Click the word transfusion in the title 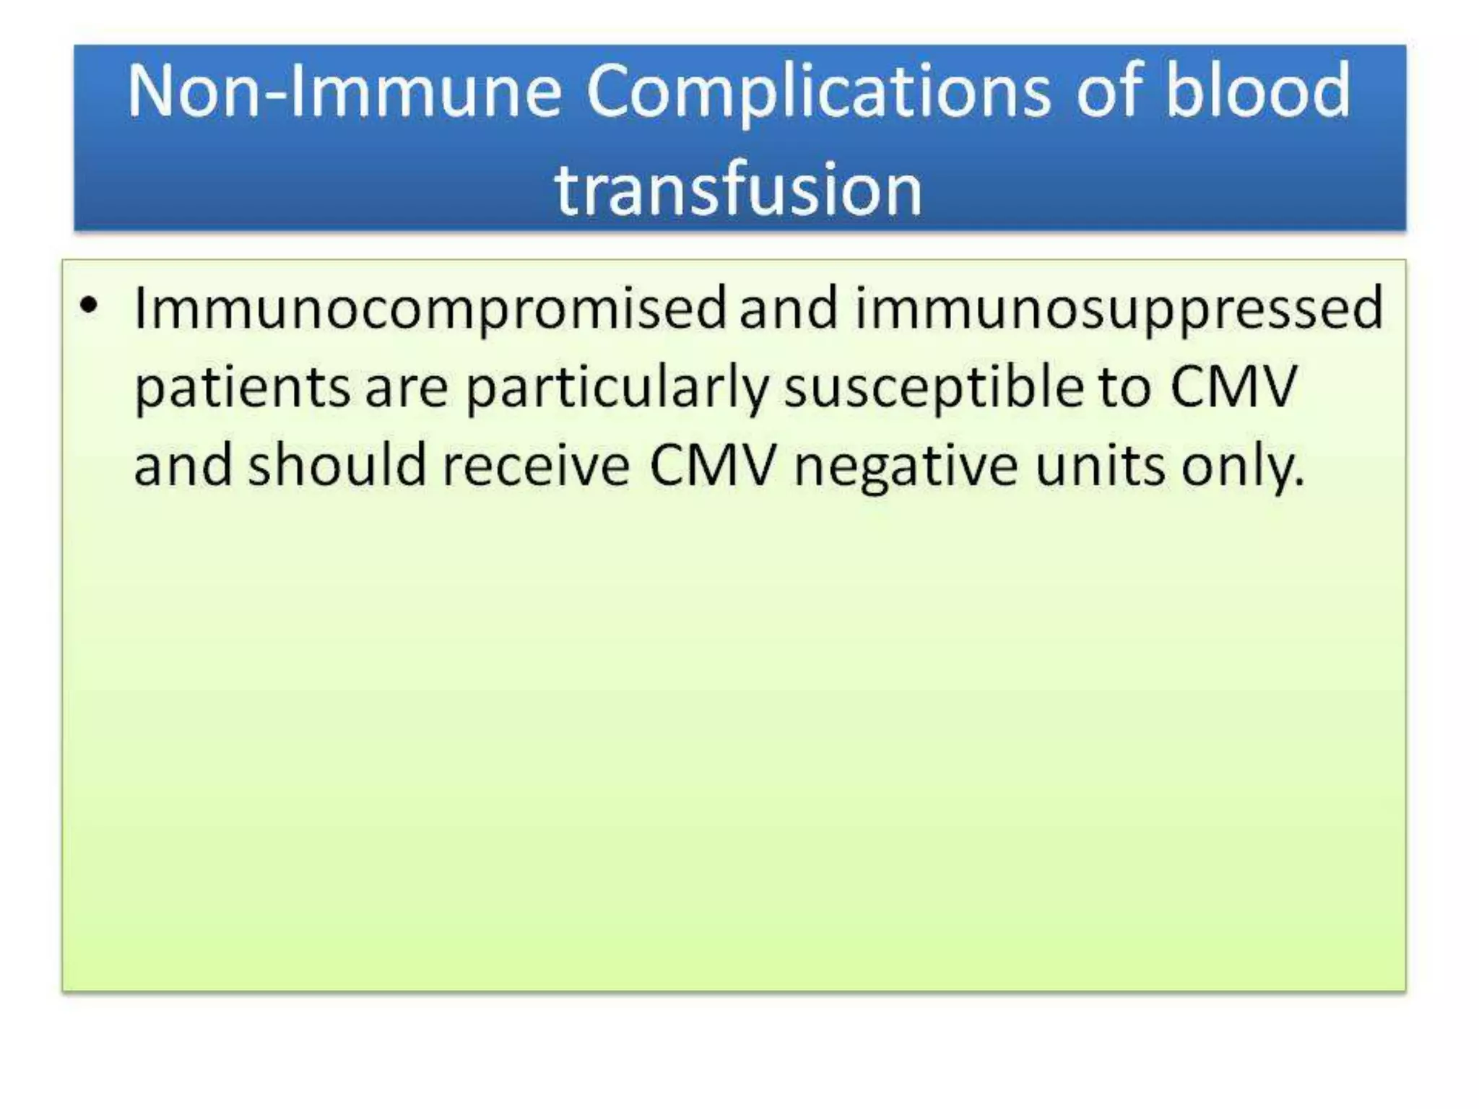click(x=738, y=189)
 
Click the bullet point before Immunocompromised click(x=88, y=306)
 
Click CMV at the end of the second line click(x=1233, y=387)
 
